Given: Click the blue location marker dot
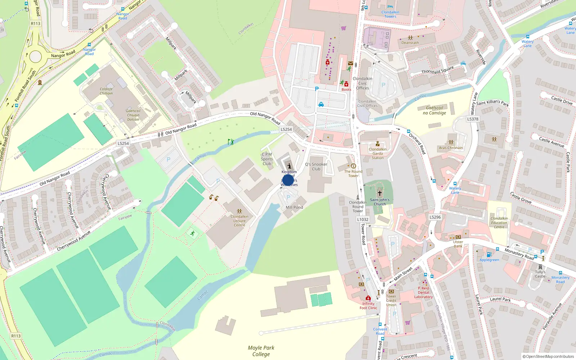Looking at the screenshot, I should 288,180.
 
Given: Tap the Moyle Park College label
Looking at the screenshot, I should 261,351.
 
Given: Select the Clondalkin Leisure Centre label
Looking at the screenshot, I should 239,221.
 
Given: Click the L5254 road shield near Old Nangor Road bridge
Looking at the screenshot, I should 286,129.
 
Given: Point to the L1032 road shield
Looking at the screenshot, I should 363,219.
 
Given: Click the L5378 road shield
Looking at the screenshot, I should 473,119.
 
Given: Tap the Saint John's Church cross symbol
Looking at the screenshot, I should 379,193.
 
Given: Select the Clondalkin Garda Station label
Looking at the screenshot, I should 378,153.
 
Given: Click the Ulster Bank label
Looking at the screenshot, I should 458,244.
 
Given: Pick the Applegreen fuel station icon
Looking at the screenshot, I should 489,255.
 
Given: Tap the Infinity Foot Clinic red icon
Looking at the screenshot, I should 368,298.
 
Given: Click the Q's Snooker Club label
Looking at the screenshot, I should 316,166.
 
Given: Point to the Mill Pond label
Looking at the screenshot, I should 294,207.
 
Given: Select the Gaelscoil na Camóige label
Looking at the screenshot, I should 435,110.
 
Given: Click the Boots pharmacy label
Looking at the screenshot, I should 346,89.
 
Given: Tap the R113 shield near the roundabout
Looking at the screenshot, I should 36,24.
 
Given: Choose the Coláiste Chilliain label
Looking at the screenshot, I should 106,91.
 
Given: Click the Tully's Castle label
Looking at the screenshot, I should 540,274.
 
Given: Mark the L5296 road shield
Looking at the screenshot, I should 435,217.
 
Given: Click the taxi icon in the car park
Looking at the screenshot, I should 321,104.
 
